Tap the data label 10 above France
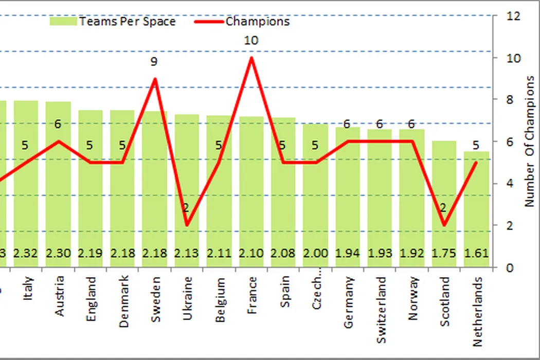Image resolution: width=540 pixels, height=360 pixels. coord(251,40)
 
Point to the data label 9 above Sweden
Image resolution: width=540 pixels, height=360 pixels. coord(154,62)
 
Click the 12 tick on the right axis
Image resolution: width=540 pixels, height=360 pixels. coord(513,16)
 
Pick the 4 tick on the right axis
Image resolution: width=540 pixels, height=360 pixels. coord(511,184)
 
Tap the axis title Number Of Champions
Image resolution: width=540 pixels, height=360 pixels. coord(530,141)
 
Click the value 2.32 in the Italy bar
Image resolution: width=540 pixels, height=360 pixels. coord(25,254)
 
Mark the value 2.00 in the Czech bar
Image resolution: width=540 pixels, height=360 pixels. coord(315,254)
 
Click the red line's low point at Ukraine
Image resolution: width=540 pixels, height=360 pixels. coord(187,225)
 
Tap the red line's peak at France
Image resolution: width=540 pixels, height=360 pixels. coord(251,57)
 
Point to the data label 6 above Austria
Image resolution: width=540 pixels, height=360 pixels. coord(58,124)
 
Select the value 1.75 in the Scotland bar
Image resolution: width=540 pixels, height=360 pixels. coord(444,254)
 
